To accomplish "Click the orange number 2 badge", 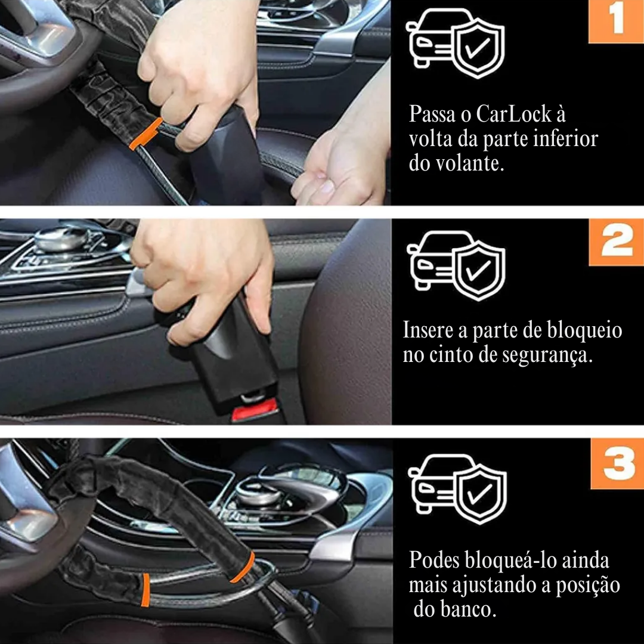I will point(617,241).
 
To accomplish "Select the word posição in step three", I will point(588,586).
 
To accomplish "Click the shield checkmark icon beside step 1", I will point(479,48).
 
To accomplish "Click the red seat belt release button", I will point(255,411).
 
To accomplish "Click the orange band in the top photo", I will point(145,133).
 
